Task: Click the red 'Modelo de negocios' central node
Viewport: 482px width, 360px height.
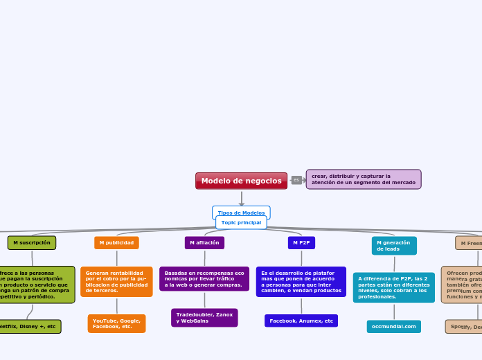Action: pos(241,181)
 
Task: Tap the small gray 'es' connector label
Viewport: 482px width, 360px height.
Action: pos(296,180)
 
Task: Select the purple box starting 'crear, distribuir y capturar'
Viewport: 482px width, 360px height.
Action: pos(363,179)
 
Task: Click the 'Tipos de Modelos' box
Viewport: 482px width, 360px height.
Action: pos(241,212)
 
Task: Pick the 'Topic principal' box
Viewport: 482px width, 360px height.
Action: pos(241,222)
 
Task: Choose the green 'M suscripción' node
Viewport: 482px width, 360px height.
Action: pos(32,243)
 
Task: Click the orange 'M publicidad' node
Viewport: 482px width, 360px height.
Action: pos(116,243)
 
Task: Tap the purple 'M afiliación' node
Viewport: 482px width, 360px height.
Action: pos(204,243)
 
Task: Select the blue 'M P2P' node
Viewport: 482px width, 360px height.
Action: pos(301,243)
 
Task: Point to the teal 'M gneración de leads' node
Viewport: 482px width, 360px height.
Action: pos(394,246)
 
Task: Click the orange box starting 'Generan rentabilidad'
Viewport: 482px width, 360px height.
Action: pos(116,282)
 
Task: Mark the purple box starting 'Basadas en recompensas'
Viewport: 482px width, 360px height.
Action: pos(204,279)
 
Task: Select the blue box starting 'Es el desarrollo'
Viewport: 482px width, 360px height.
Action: pos(301,282)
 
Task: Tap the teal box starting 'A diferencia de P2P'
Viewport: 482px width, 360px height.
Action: pos(394,287)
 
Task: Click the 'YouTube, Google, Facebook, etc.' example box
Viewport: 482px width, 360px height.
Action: pos(116,323)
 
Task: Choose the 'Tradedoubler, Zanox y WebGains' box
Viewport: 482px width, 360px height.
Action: pos(204,318)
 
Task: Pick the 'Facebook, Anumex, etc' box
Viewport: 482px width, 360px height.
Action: pos(301,321)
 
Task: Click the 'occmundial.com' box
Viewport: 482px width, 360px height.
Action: pos(394,326)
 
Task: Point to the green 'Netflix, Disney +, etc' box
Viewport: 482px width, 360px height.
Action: pos(29,326)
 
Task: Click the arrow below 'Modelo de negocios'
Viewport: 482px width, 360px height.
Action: pos(241,199)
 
